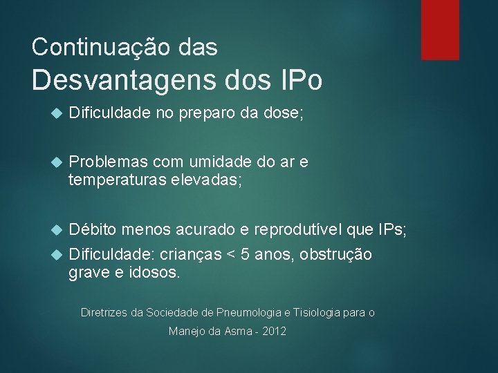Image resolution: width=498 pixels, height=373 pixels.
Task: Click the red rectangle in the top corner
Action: [440, 30]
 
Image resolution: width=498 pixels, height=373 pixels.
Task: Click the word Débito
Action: [93, 228]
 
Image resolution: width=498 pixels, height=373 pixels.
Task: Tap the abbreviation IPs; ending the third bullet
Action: [393, 228]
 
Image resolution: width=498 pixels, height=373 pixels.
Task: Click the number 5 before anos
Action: [244, 254]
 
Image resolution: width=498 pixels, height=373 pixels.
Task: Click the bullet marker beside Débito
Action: [57, 229]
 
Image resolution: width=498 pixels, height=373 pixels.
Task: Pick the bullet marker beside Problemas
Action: [57, 162]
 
